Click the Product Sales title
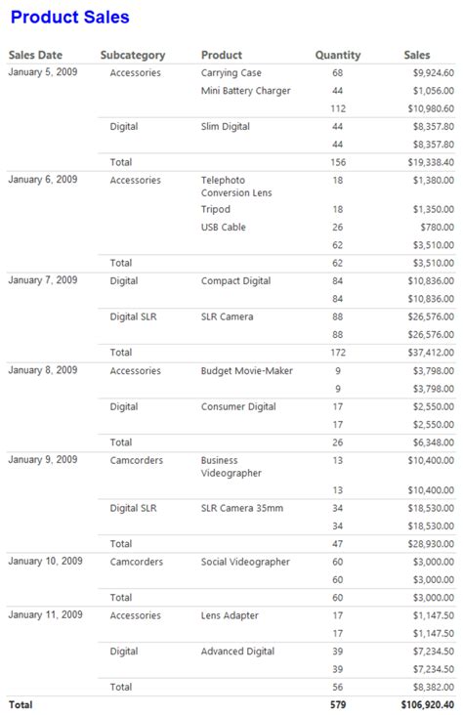tap(69, 17)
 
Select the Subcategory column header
tap(133, 56)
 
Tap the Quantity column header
tap(337, 56)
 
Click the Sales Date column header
tap(35, 56)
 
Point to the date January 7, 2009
tap(43, 281)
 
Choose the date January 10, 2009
tap(45, 562)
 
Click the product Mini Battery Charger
tap(245, 91)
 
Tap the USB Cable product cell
tap(224, 228)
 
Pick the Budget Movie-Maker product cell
tap(246, 371)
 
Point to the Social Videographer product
tap(245, 562)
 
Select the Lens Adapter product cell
tap(230, 615)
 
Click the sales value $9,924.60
tap(432, 73)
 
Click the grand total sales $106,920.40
tap(427, 704)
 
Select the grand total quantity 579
tap(338, 704)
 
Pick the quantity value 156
tap(338, 162)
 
